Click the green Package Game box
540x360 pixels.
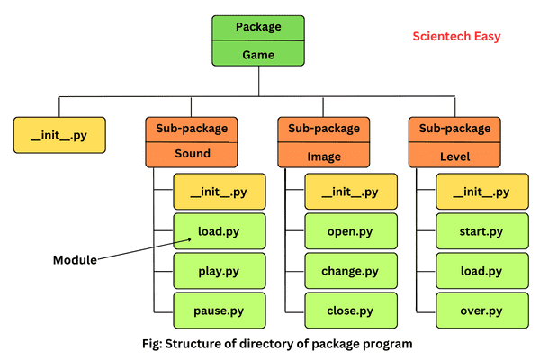(258, 40)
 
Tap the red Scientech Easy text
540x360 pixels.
(456, 37)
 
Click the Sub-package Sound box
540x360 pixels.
(192, 141)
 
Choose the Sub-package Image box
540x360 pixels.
(324, 141)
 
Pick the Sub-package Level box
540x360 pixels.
(454, 141)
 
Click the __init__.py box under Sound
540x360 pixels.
(219, 193)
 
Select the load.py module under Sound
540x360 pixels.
(219, 231)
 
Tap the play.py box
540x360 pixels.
(219, 270)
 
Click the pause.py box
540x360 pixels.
(219, 310)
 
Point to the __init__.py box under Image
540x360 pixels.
(350, 193)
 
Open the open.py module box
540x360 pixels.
(350, 231)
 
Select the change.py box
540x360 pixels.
(350, 270)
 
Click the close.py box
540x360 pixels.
(350, 310)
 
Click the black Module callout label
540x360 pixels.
(74, 259)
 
